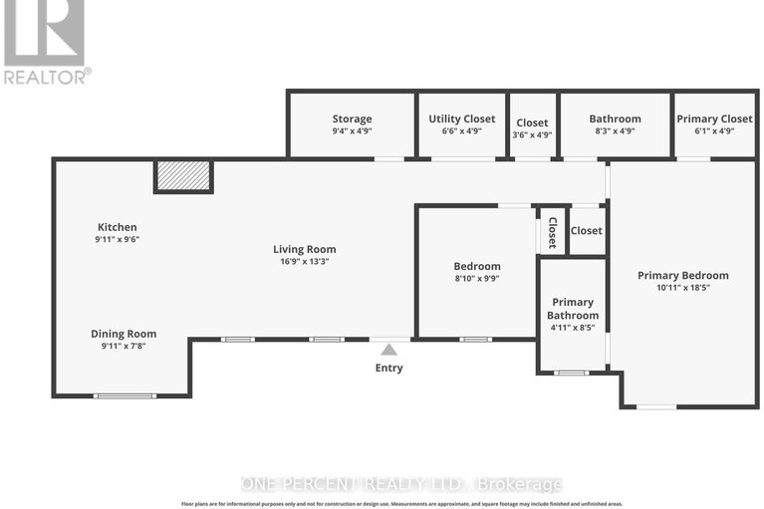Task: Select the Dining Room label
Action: [x=124, y=334]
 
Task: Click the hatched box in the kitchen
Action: [x=183, y=176]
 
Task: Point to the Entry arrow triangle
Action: [x=388, y=349]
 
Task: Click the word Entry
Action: [x=388, y=368]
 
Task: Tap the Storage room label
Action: [x=352, y=119]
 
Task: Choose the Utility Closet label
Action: [x=461, y=119]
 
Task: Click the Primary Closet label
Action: [x=714, y=119]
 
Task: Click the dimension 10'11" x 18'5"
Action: [x=682, y=288]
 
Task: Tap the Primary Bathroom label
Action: [x=572, y=308]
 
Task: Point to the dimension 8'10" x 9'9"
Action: [x=477, y=280]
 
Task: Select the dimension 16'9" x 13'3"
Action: [x=305, y=262]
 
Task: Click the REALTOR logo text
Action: [x=46, y=75]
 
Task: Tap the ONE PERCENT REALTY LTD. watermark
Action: [x=401, y=484]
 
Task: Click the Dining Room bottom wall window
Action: [x=124, y=395]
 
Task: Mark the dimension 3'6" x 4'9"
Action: [x=532, y=133]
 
